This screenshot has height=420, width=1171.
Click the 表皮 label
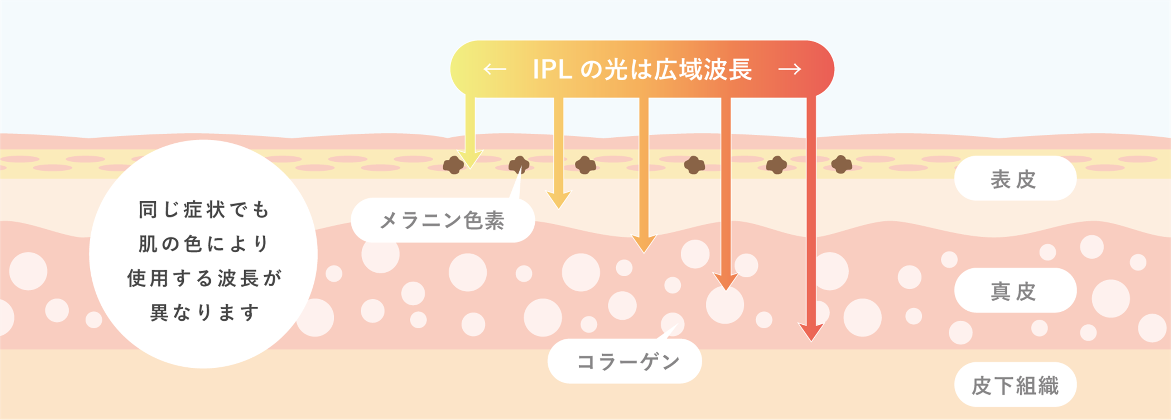[1015, 179]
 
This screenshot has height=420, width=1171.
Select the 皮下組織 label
[1015, 385]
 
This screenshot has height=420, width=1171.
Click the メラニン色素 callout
[442, 221]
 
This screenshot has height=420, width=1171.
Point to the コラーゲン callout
[628, 362]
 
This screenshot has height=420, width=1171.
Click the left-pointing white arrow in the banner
[495, 69]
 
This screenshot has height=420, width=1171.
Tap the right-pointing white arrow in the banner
[790, 69]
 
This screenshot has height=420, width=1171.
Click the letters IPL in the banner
[552, 70]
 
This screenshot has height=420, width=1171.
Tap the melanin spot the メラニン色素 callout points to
[519, 165]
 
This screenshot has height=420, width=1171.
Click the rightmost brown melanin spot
[842, 164]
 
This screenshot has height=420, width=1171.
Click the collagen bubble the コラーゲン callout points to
[672, 324]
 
